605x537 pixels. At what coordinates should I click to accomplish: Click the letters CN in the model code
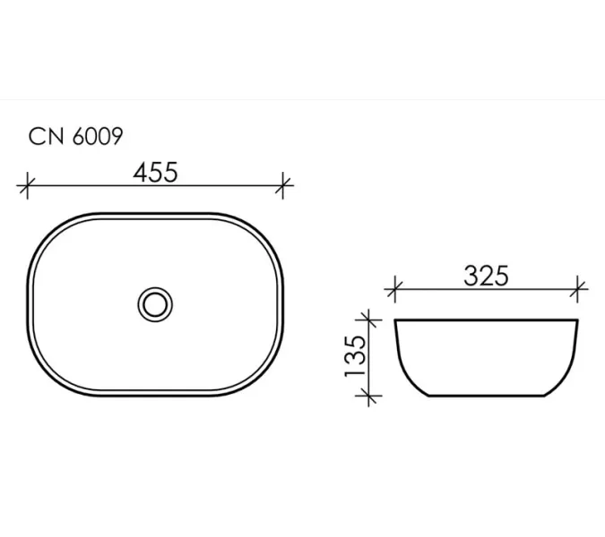point(46,136)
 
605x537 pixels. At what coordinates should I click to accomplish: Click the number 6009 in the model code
point(96,136)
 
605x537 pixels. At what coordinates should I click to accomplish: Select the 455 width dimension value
point(156,171)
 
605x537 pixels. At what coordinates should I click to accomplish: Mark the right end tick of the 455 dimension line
point(284,186)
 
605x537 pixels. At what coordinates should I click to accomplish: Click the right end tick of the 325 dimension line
point(579,289)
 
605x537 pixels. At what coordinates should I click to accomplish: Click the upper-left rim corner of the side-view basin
point(395,320)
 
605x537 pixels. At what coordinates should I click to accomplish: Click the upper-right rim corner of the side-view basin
point(578,320)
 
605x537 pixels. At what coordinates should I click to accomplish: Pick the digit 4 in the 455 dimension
point(142,171)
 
